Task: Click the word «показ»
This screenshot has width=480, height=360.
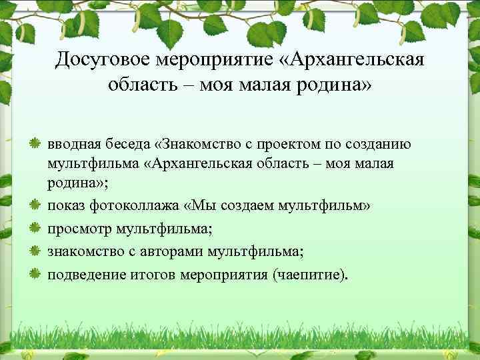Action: pyautogui.click(x=65, y=207)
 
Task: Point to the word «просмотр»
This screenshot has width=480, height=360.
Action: pyautogui.click(x=77, y=229)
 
